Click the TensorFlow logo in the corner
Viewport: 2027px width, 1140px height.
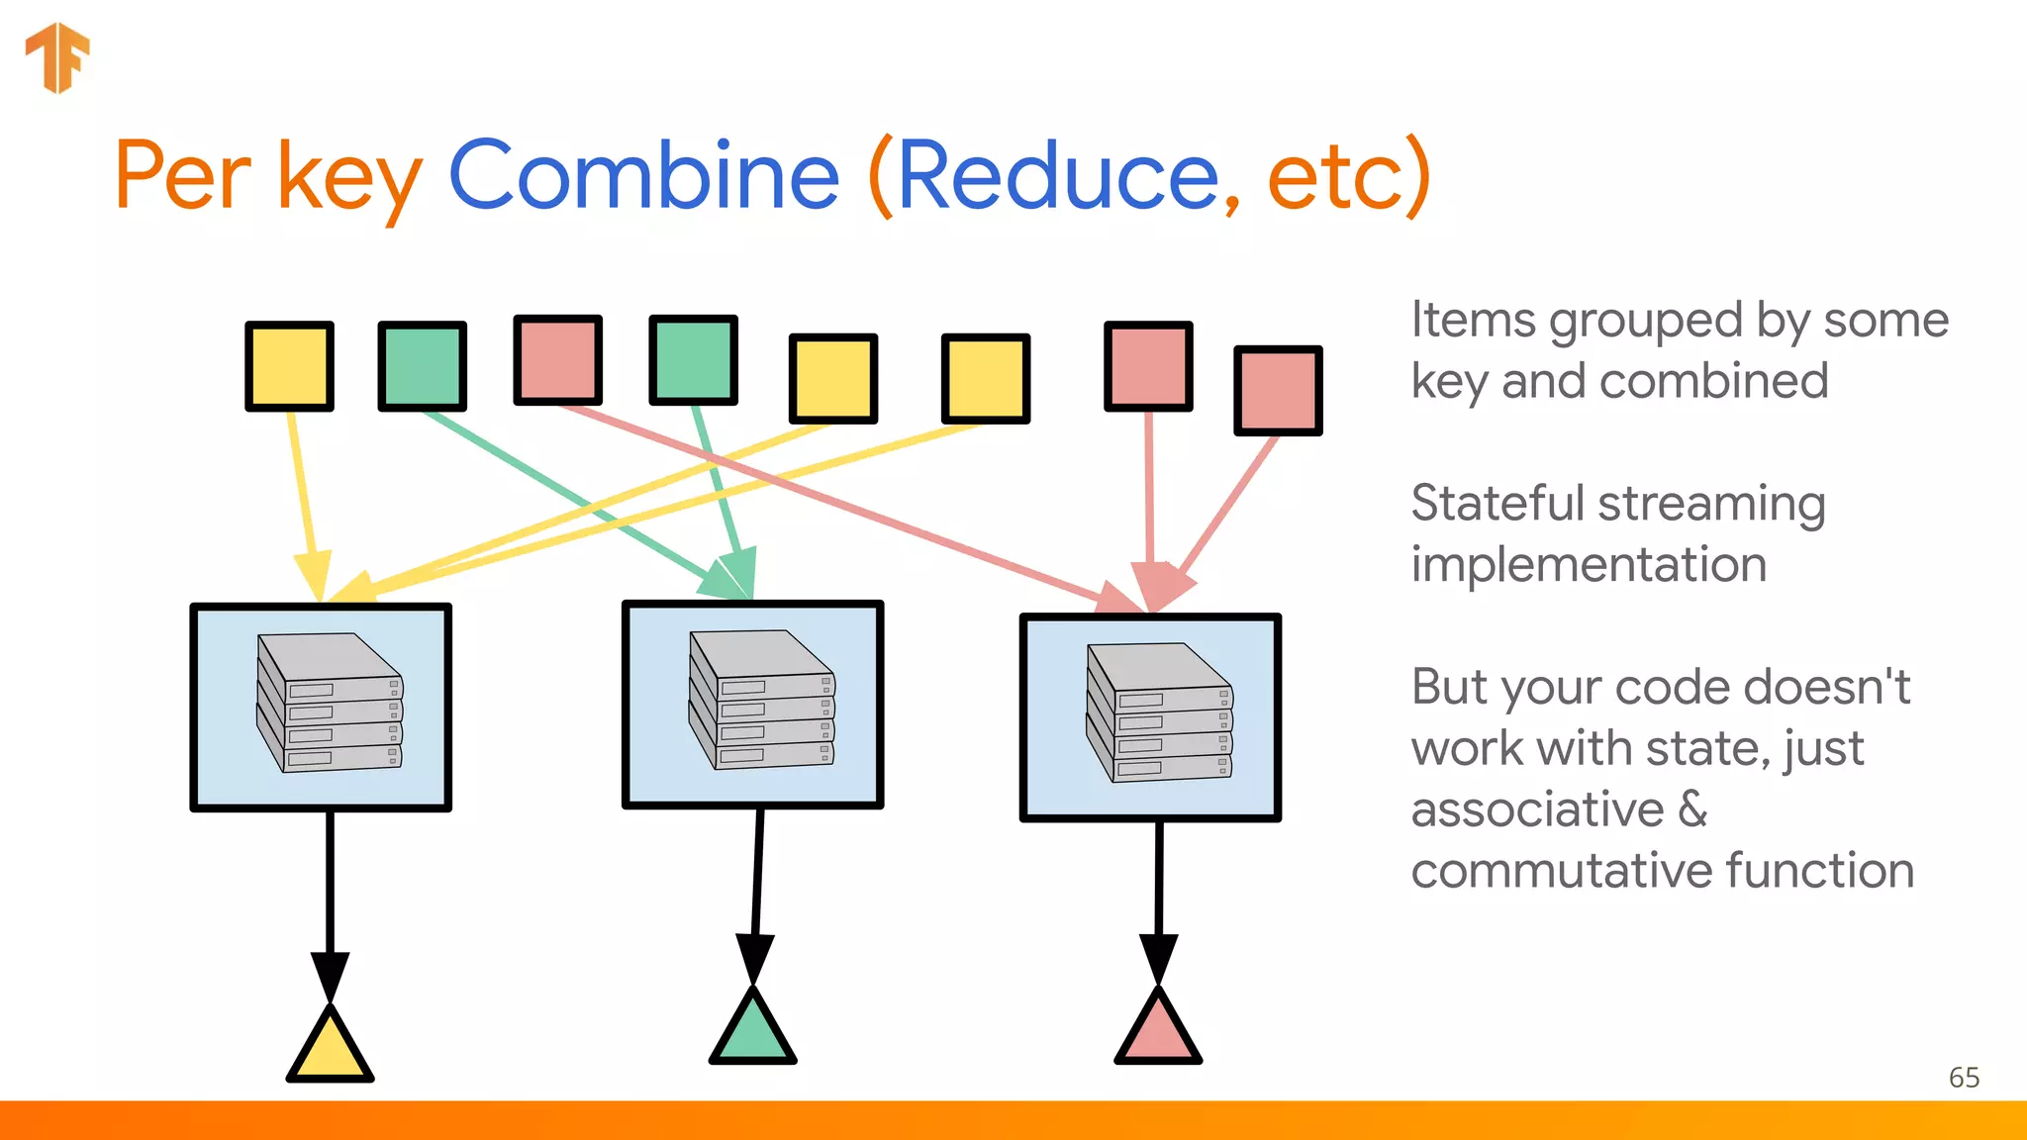(x=57, y=57)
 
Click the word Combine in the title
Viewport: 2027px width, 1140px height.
(x=644, y=176)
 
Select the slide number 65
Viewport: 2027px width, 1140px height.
(x=1964, y=1078)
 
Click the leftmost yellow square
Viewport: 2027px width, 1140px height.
(x=289, y=366)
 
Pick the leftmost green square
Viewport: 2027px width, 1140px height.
(x=423, y=366)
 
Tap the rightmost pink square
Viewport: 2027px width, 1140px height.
(x=1278, y=390)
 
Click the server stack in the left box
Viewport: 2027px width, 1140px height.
(x=330, y=703)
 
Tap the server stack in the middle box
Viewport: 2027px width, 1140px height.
(x=762, y=700)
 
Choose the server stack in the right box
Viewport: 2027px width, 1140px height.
(x=1159, y=712)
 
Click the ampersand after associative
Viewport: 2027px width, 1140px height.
(x=1693, y=809)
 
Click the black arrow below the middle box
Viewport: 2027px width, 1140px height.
(x=757, y=891)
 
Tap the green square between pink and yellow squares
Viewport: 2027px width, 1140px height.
(x=693, y=360)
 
